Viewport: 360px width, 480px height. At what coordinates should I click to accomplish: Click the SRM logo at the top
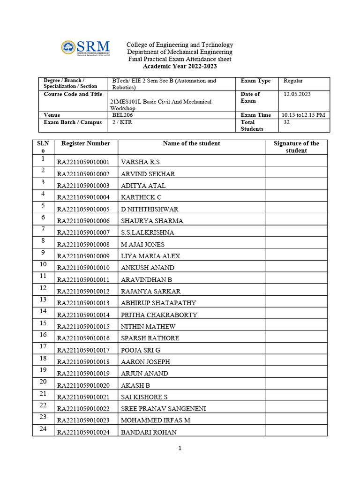[85, 48]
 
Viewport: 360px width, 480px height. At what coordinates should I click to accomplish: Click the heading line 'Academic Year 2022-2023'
[180, 67]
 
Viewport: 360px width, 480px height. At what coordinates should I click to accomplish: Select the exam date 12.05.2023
[297, 94]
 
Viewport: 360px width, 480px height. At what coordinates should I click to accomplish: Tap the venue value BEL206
[122, 115]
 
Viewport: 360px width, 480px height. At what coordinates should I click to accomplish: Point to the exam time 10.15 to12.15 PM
[303, 115]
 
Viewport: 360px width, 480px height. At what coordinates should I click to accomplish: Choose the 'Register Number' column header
[85, 143]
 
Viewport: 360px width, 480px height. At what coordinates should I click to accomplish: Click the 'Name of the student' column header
[191, 143]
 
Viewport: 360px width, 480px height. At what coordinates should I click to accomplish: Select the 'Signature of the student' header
[296, 147]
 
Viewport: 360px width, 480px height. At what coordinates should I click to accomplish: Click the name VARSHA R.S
[140, 162]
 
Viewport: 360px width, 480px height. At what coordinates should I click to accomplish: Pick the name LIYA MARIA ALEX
[150, 256]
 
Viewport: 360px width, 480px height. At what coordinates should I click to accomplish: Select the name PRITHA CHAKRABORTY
[159, 315]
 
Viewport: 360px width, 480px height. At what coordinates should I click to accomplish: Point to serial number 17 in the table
[43, 347]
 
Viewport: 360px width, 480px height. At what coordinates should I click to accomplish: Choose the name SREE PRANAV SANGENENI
[163, 409]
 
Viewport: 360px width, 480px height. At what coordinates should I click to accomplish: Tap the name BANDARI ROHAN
[149, 432]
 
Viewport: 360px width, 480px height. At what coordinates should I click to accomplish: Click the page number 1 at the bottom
[180, 448]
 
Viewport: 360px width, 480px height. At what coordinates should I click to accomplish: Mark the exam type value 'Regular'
[293, 81]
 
